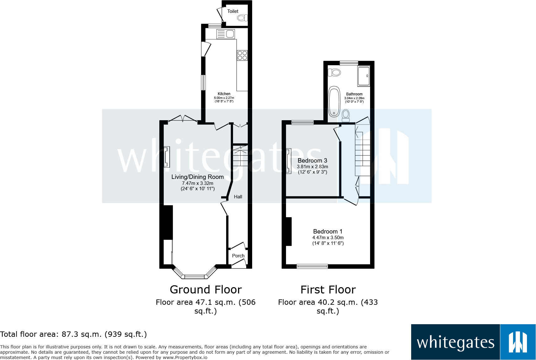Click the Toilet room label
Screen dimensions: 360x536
(x=233, y=11)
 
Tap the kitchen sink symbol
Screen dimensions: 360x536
(x=226, y=34)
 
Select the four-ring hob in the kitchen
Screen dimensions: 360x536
(x=242, y=56)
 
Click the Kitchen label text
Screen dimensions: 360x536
(x=224, y=94)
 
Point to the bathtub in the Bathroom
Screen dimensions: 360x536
(x=334, y=102)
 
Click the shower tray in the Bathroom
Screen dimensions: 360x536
(x=364, y=76)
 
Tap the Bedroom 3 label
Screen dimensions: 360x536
(x=312, y=161)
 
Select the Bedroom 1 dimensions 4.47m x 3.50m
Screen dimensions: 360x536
(x=328, y=238)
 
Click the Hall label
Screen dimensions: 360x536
(x=238, y=197)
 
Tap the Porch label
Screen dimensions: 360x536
(x=238, y=256)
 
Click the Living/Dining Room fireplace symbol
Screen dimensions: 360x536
(x=167, y=157)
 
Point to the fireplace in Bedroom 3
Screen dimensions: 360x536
(x=289, y=161)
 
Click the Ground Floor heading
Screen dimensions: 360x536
(x=205, y=289)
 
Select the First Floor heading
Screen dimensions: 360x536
(x=328, y=289)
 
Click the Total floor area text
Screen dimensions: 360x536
(x=73, y=334)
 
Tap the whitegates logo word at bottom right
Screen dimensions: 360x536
(x=455, y=342)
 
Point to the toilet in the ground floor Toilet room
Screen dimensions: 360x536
(x=241, y=18)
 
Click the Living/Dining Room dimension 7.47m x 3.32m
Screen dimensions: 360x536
(x=198, y=183)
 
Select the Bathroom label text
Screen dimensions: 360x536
(x=354, y=94)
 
